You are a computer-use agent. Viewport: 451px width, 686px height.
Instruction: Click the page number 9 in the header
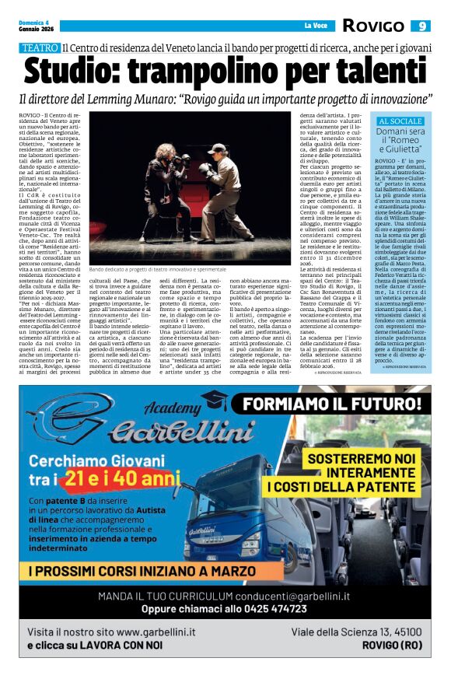[420, 26]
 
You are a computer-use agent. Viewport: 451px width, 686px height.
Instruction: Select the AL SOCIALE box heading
[400, 122]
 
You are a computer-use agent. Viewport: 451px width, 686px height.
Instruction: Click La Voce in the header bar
[315, 26]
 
